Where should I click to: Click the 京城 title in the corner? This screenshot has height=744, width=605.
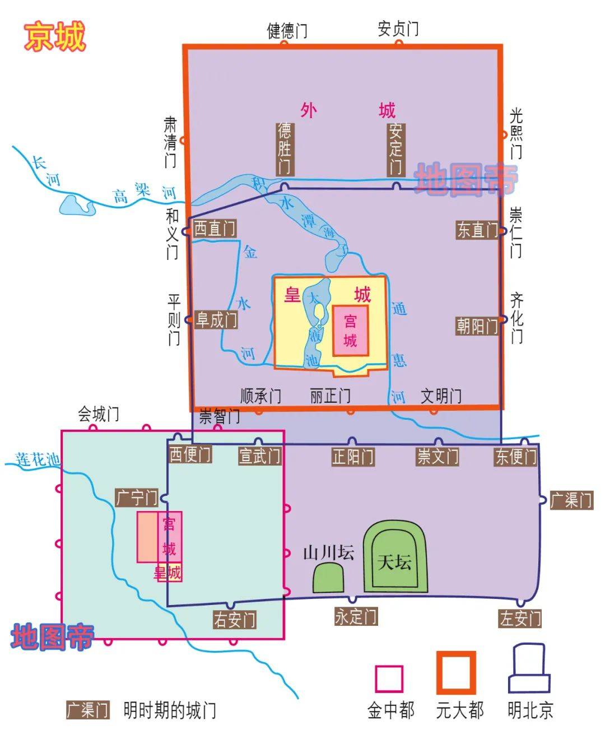(54, 36)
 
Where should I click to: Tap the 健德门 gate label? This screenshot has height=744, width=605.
(287, 30)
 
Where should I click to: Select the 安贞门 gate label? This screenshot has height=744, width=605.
(398, 28)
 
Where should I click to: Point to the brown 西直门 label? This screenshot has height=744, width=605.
(215, 229)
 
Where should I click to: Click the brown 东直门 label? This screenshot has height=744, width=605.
(477, 230)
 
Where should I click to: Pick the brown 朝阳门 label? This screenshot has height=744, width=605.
(477, 325)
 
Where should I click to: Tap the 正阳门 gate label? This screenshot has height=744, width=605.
(353, 457)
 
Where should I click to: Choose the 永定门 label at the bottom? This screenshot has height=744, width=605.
(356, 616)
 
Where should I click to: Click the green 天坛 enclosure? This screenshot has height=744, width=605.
(395, 560)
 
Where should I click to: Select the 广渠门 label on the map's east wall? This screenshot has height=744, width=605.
(571, 500)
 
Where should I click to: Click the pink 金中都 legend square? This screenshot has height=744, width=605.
(389, 679)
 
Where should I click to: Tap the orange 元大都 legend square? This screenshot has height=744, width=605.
(456, 673)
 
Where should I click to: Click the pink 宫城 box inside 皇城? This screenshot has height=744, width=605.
(351, 331)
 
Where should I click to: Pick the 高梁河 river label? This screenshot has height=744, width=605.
(143, 192)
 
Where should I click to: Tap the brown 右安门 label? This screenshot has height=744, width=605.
(235, 619)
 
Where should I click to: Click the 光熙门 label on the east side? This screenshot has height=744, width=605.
(516, 133)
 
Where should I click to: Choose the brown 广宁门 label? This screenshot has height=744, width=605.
(136, 497)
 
